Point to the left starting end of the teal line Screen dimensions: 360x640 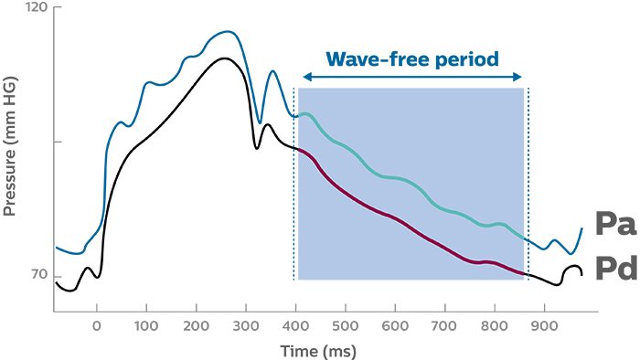click(x=298, y=116)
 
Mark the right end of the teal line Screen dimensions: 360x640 click(x=525, y=238)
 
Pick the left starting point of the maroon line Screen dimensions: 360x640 click(x=296, y=147)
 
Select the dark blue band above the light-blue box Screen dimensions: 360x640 click(x=411, y=41)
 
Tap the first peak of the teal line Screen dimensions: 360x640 click(x=306, y=113)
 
